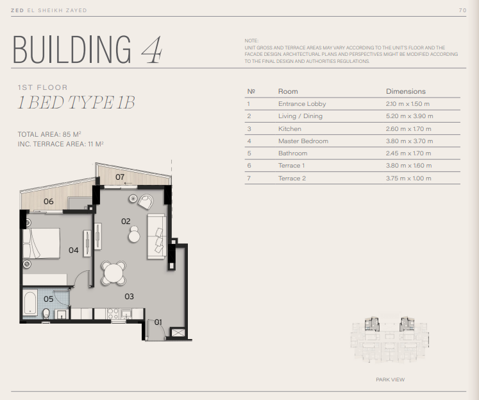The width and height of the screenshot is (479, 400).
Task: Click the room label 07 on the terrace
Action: click(x=120, y=177)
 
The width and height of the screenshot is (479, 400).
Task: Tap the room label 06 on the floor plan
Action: click(x=48, y=201)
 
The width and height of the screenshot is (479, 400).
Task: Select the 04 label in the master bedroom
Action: click(x=73, y=250)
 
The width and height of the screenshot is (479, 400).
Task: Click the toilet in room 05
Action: click(x=46, y=313)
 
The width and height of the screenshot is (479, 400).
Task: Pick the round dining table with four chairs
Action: click(x=113, y=273)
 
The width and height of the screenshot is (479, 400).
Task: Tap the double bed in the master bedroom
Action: click(x=41, y=243)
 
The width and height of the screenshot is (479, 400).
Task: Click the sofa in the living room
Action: click(x=157, y=237)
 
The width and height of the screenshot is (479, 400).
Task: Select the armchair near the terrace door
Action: click(x=146, y=202)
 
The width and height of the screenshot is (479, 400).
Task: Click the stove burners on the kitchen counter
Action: click(x=113, y=313)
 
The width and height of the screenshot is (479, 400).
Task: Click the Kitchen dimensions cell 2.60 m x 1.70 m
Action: click(x=408, y=129)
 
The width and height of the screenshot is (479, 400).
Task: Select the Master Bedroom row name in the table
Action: click(x=303, y=141)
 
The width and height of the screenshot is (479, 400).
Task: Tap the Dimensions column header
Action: click(x=406, y=91)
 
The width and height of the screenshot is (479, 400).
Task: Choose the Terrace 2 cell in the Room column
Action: click(x=292, y=178)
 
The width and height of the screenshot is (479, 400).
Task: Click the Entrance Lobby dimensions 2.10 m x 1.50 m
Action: click(x=408, y=103)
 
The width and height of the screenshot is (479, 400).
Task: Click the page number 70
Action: click(x=462, y=10)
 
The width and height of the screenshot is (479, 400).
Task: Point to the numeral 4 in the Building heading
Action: click(x=152, y=49)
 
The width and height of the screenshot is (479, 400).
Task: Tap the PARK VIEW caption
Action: click(x=390, y=379)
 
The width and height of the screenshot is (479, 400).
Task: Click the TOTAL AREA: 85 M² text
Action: click(x=49, y=134)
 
